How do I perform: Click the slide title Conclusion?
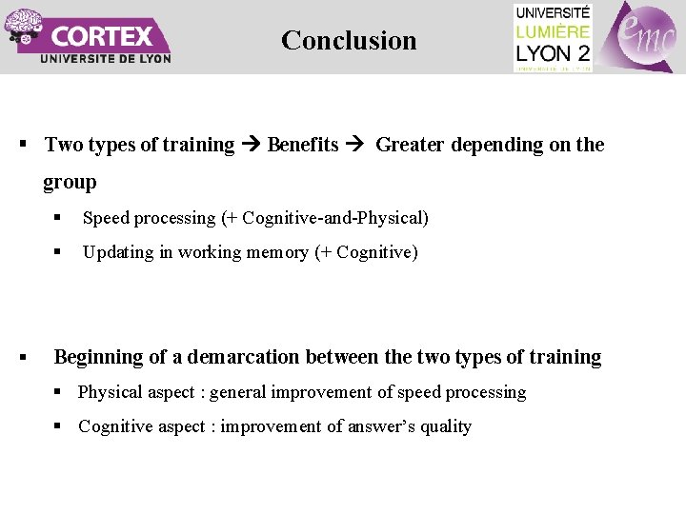pos(349,40)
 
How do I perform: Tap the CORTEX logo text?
pos(103,36)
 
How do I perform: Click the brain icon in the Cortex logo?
pos(22,25)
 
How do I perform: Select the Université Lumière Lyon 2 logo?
pos(553,37)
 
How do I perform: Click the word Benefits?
pos(303,145)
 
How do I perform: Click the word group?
pos(70,181)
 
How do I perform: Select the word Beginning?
pos(98,357)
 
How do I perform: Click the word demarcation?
pos(245,357)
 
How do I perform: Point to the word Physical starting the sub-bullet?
pos(110,392)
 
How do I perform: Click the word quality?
pos(446,426)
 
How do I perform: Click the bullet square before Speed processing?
pos(58,218)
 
